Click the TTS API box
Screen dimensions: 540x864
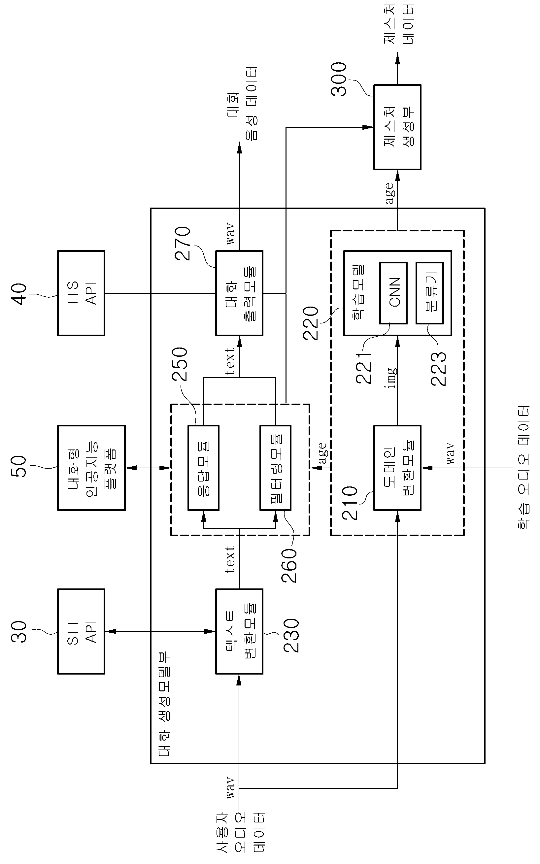[81, 293]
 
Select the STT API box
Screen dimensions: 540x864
[81, 631]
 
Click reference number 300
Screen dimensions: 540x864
[339, 79]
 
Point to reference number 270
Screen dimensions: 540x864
[183, 243]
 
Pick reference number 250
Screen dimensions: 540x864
[180, 364]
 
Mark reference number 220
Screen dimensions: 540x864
[310, 323]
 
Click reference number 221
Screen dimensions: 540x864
[364, 368]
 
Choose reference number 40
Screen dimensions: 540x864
[19, 294]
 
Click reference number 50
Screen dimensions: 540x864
[19, 466]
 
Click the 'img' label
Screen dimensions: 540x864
[392, 378]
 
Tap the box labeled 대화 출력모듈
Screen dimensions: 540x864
[239, 293]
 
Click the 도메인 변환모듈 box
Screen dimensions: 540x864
[397, 468]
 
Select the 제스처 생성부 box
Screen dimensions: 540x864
[397, 127]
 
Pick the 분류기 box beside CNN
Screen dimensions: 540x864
[430, 293]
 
